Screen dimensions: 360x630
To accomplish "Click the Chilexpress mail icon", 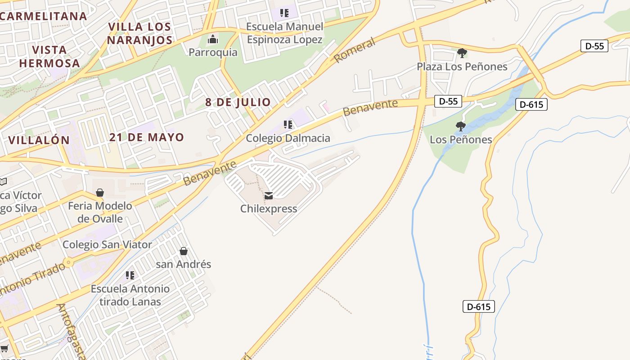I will tap(269, 196).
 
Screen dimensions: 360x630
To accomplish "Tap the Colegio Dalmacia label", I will tap(288, 138).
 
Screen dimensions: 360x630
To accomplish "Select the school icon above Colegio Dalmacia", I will tap(288, 125).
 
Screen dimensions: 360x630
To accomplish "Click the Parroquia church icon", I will tap(213, 40).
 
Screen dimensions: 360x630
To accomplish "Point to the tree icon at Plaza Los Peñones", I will tap(462, 53).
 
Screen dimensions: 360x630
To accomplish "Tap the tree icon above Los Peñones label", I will tap(460, 126).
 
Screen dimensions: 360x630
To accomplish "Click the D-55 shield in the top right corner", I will tap(594, 46).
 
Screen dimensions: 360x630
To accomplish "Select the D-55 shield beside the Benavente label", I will tap(448, 101).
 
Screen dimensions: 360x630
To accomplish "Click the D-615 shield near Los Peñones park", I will tap(531, 104).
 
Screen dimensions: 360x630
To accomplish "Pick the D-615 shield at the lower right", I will tap(478, 307).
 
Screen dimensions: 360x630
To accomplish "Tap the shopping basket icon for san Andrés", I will tap(183, 251).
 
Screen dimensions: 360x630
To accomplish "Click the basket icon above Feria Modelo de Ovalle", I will tap(100, 193).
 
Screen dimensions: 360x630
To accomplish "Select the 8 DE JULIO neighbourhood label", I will tap(238, 102).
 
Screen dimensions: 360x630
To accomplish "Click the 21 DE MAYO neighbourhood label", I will tap(147, 137).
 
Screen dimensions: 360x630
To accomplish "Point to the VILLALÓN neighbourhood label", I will tap(39, 140).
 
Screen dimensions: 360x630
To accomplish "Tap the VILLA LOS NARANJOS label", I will tap(140, 33).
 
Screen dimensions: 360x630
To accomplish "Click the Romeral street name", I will tap(355, 50).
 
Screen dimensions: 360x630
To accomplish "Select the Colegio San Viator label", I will tap(107, 244).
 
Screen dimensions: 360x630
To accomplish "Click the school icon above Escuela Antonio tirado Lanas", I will tap(130, 275).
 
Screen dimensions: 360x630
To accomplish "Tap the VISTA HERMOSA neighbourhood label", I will tap(49, 56).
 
